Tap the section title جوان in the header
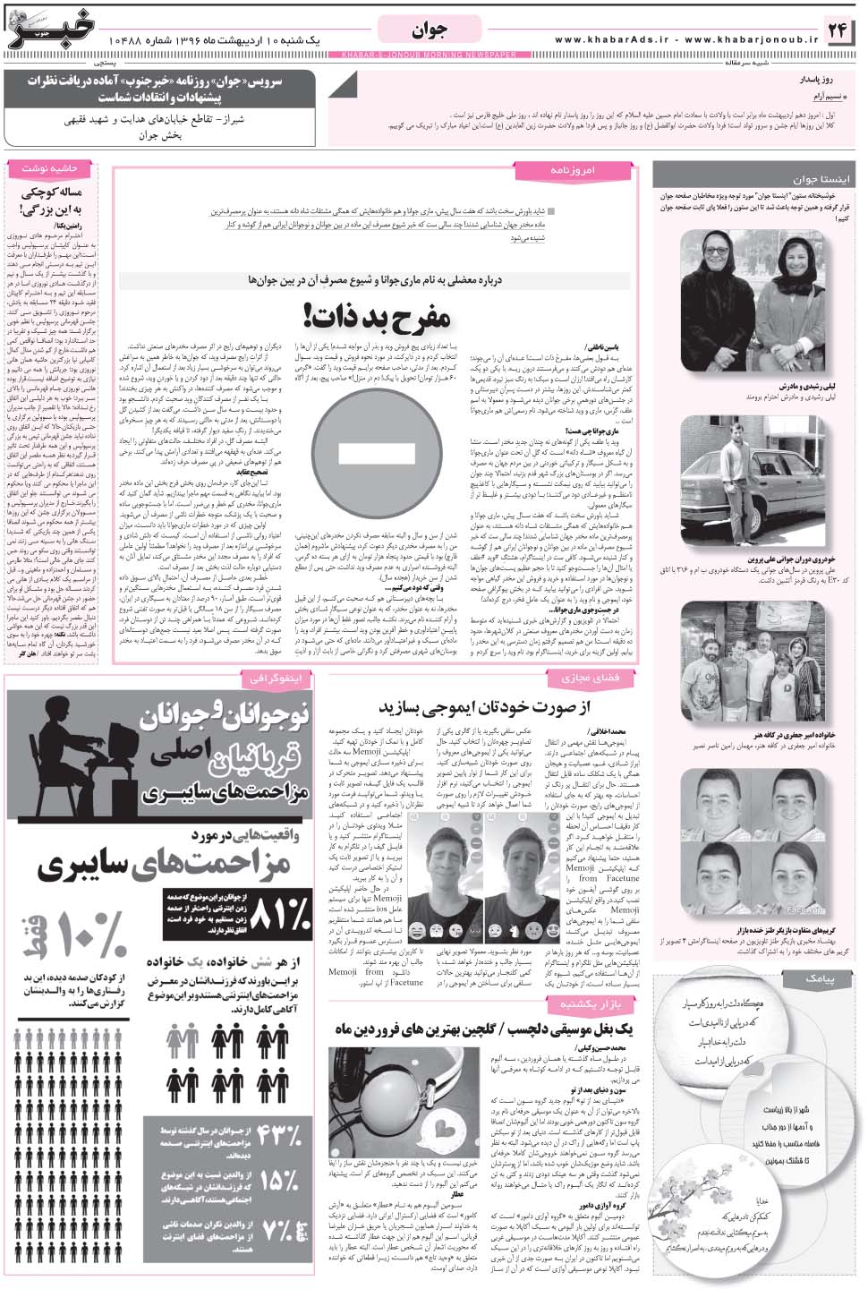coord(431,30)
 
